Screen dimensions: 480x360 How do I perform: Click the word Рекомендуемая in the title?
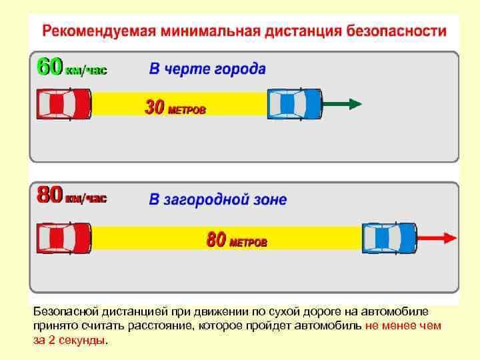pos(99,31)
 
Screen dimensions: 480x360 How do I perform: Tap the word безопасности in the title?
pos(396,31)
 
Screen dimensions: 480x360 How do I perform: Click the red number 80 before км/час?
pos(50,195)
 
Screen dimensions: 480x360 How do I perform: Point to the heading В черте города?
pos(207,69)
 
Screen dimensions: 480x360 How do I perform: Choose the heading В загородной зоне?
pos(218,199)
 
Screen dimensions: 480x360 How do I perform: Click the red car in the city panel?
pos(64,104)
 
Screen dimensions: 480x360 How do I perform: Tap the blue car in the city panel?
pos(295,104)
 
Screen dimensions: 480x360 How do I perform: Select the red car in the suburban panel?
pos(64,238)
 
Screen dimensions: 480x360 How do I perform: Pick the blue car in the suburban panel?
pos(389,238)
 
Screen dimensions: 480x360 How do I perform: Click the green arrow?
pos(342,104)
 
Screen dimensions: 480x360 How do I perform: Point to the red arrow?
pos(437,238)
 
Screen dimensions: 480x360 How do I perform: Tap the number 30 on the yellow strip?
pos(155,107)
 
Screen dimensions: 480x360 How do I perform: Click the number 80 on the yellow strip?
pos(217,239)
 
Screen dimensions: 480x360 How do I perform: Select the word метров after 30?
pos(187,110)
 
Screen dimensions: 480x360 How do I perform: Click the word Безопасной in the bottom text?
pos(66,311)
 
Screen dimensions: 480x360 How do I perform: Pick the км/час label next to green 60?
pos(86,71)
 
